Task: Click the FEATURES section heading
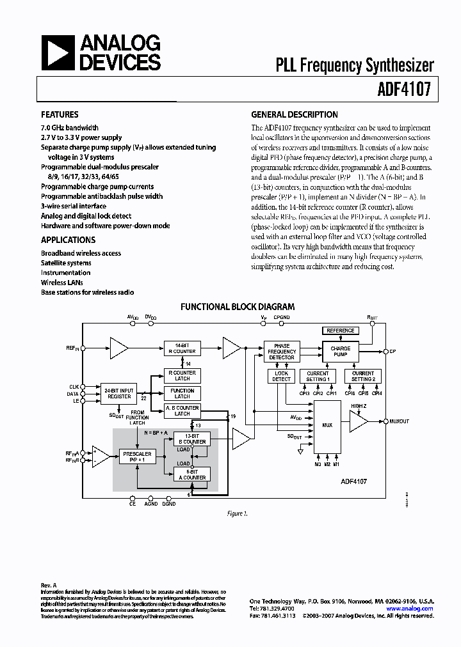click(x=60, y=115)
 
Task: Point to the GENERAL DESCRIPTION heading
click(x=294, y=115)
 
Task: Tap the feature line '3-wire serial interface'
click(x=74, y=207)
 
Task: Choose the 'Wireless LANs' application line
click(x=62, y=283)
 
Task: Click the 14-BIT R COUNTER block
click(x=182, y=348)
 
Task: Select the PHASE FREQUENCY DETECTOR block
click(x=282, y=352)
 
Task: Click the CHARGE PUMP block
click(x=341, y=352)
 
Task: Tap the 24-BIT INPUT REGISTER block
click(x=119, y=393)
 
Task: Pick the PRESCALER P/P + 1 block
click(x=136, y=456)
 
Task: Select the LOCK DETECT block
click(x=282, y=376)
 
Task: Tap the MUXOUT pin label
click(x=399, y=421)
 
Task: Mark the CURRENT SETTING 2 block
click(x=363, y=376)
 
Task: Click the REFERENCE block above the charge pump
click(x=341, y=331)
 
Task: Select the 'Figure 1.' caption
click(x=237, y=513)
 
